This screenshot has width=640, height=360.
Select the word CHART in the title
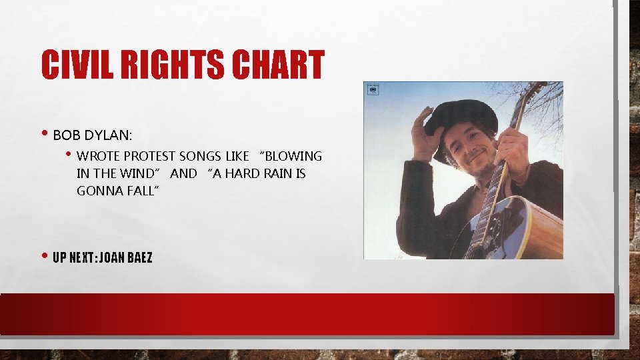coord(279,66)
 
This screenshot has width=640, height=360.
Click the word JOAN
coord(109,257)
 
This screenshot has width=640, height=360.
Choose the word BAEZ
coord(140,257)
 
